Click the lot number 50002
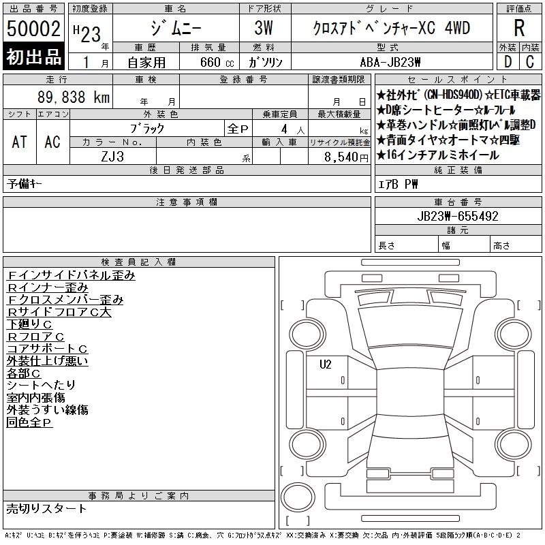pos(33,29)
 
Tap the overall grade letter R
pos(519,28)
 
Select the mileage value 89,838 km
pos(74,97)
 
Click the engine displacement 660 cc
pos(217,63)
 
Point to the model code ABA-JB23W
pos(390,63)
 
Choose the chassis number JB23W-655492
pos(458,216)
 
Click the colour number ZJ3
pos(112,157)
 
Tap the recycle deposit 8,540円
pos(346,157)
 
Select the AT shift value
pos(20,142)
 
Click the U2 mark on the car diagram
pos(326,364)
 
